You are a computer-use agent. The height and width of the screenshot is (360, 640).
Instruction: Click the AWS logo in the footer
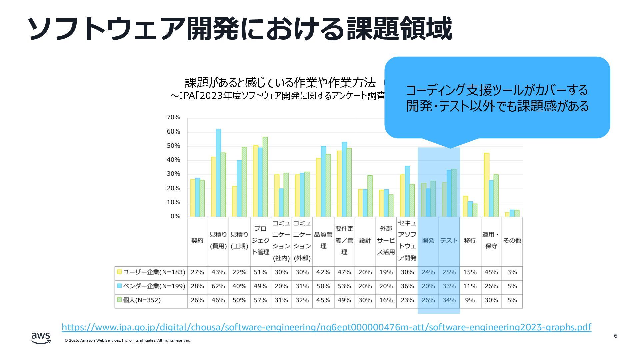(41, 338)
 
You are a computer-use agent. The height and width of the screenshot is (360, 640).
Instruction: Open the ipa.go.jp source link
(326, 327)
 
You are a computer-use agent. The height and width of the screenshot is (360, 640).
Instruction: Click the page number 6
(615, 336)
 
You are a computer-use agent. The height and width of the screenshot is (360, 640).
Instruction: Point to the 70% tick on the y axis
(173, 117)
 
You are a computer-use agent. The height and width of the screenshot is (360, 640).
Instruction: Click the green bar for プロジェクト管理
(265, 177)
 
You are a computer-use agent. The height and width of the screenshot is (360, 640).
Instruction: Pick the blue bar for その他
(512, 213)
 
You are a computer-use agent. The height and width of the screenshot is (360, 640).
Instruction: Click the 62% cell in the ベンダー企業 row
(218, 286)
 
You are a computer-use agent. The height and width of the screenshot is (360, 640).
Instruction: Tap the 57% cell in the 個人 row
(260, 300)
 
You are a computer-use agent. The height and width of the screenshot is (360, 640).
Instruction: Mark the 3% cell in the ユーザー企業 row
(512, 272)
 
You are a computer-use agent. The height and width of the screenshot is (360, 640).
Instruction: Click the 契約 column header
(197, 241)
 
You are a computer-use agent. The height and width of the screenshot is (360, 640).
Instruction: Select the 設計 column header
(365, 241)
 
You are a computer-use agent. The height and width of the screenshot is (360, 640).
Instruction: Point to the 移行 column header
(470, 241)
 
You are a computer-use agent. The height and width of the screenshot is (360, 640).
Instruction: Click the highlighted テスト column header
(449, 241)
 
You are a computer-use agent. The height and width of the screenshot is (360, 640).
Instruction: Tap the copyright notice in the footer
(128, 340)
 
